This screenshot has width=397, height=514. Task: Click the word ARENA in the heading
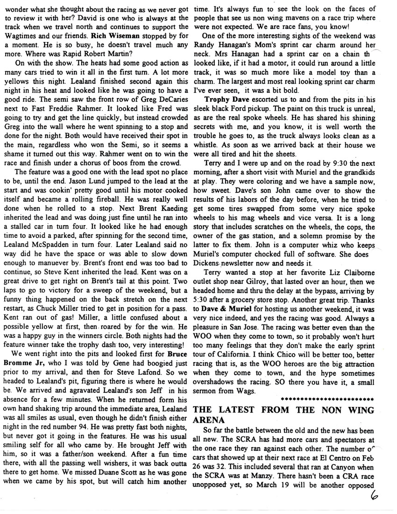point(209,420)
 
